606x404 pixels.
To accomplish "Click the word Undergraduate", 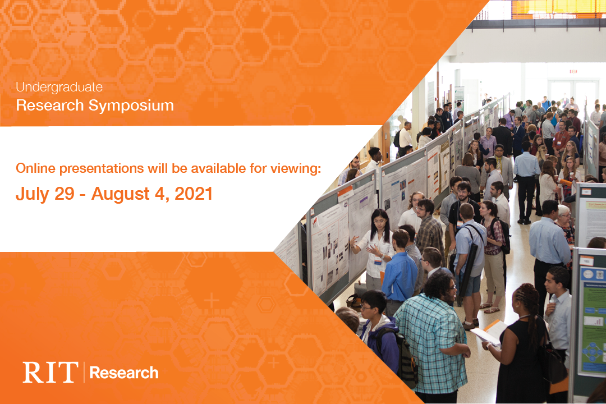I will (59, 87).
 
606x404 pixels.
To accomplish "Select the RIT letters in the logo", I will (50, 373).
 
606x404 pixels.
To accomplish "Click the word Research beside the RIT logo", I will (124, 373).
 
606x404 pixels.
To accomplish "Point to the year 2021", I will (194, 194).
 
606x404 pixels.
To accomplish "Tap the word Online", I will (36, 168).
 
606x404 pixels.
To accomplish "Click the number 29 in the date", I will (67, 194).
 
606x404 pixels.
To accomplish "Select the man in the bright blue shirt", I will (400, 269).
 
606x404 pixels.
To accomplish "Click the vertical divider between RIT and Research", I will (84, 373).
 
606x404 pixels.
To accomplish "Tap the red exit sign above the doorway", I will (573, 71).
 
